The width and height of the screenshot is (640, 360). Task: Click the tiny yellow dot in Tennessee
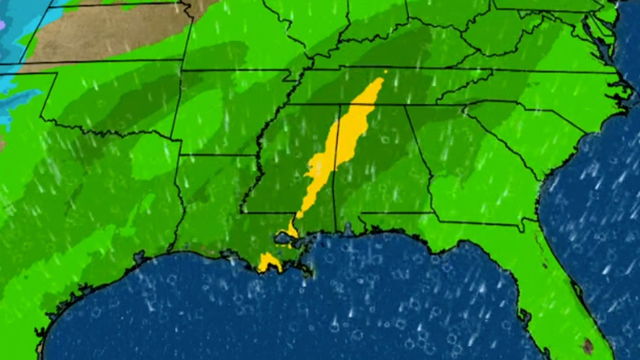click(385, 71)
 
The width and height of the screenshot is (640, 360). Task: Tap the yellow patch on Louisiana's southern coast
click(268, 262)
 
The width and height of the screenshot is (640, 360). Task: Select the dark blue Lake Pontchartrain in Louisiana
click(285, 238)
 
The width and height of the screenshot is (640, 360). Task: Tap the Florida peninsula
click(562, 287)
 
